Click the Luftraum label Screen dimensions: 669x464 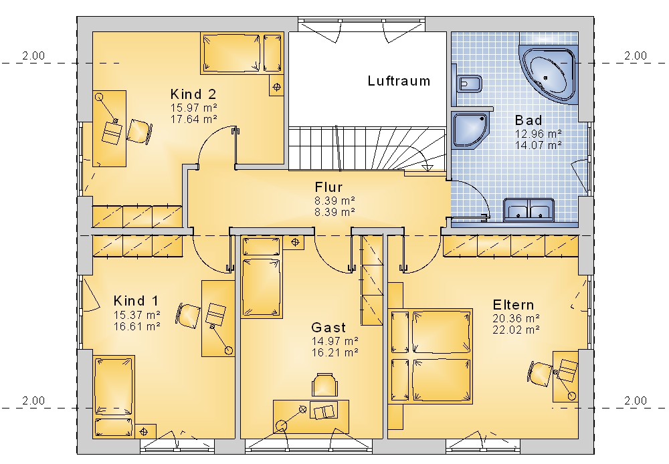click(x=399, y=81)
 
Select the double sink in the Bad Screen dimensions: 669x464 click(x=529, y=210)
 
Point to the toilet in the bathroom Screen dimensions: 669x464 click(x=470, y=84)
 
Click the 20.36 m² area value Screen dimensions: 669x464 click(x=516, y=318)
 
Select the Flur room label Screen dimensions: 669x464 click(x=328, y=187)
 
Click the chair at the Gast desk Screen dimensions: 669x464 click(x=325, y=384)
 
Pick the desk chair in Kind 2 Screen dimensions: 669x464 click(x=140, y=131)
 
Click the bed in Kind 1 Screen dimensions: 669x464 click(x=114, y=396)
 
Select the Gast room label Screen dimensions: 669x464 click(x=328, y=328)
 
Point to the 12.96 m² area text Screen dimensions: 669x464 click(x=538, y=134)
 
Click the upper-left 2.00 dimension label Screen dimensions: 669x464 click(x=33, y=55)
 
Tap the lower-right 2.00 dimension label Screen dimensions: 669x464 click(x=636, y=400)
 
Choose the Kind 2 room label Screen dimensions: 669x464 click(x=193, y=94)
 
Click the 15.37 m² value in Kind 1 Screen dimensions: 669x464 click(x=137, y=315)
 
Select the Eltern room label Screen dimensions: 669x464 click(x=513, y=305)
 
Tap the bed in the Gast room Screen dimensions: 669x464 click(x=261, y=278)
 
